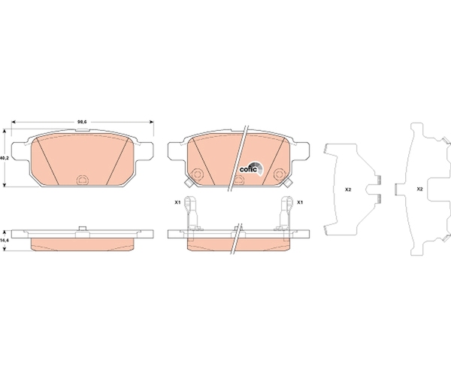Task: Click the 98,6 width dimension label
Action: coord(82,122)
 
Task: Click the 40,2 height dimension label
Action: coord(3,158)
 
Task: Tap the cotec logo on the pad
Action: coord(251,168)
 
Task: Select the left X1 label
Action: coord(177,202)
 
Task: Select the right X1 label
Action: coord(300,202)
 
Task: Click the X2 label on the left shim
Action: coord(348,190)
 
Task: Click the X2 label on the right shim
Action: coord(419,190)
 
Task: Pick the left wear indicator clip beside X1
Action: coord(190,213)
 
